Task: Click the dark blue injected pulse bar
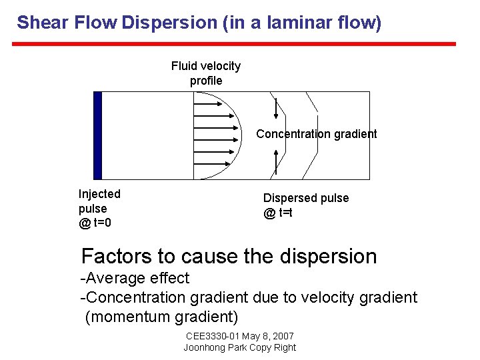pos(97,135)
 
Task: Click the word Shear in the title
pos(42,23)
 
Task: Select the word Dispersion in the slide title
pos(169,23)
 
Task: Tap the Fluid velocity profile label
pos(206,73)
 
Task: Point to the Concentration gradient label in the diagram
pos(316,134)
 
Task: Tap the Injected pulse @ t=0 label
pos(99,208)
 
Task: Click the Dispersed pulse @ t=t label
pos(305,205)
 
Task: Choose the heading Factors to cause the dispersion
pos(229,256)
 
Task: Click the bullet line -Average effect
pos(135,278)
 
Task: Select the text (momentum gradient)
pos(161,317)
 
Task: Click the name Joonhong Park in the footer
pos(213,347)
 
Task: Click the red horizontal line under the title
pos(234,44)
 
